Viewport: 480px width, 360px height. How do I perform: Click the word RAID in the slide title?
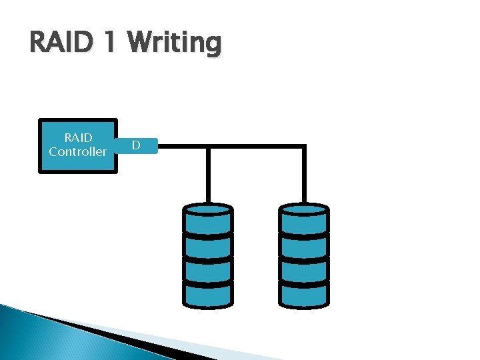coord(61,43)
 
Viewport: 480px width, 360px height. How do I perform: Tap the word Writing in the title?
coord(175,44)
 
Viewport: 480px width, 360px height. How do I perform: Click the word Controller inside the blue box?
coord(78,152)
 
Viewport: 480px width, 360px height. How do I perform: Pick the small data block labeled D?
coord(136,145)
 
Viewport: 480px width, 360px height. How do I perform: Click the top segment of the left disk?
coord(208,219)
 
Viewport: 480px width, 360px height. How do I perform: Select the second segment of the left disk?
coord(208,246)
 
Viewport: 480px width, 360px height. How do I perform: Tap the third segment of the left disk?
coord(208,271)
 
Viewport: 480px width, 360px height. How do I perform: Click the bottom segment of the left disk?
coord(208,295)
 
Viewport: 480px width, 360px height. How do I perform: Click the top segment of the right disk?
coord(304,219)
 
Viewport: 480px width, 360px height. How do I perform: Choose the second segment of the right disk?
coord(304,246)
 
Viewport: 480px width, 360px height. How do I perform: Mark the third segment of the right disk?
coord(304,271)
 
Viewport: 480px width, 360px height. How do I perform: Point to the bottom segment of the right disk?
coord(304,295)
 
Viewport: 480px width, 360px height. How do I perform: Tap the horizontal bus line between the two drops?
coord(256,146)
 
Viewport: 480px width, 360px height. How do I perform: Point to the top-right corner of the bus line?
coord(304,146)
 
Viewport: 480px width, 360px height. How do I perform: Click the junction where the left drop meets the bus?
coord(209,146)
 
